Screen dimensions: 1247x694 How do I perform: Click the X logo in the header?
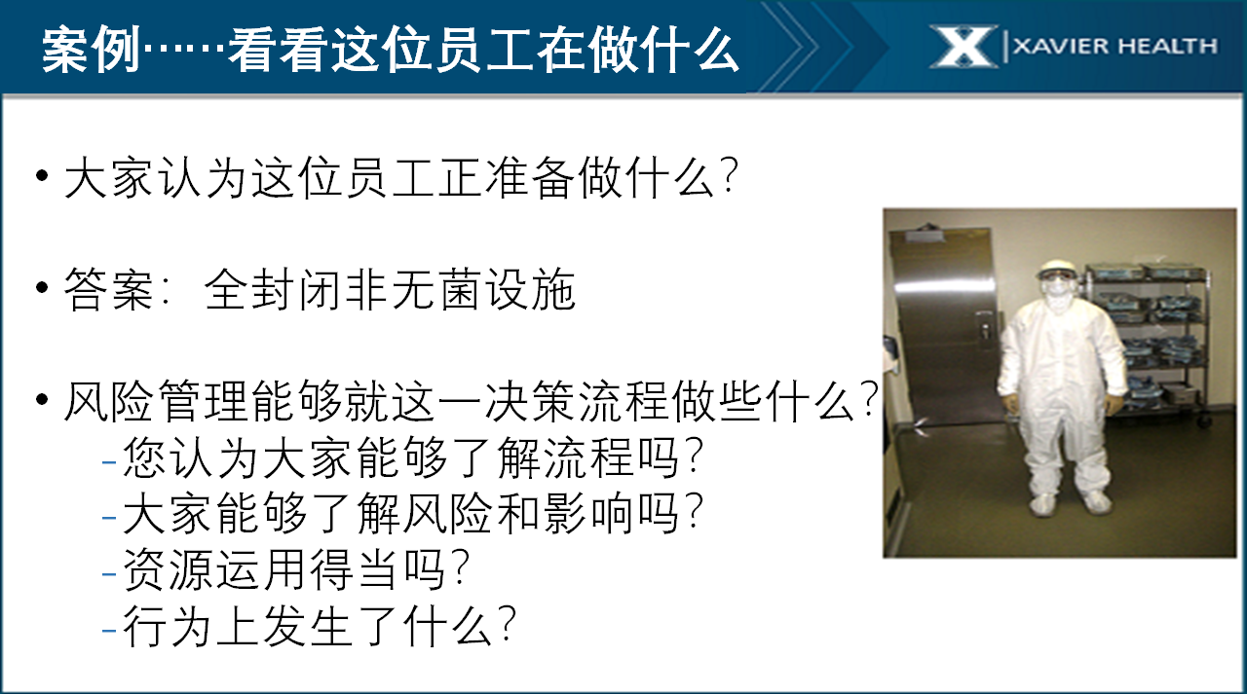click(964, 47)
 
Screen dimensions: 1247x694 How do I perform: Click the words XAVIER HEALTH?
click(1115, 46)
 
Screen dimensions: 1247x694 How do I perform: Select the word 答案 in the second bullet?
click(108, 290)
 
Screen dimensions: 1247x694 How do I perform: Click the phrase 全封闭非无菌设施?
click(390, 290)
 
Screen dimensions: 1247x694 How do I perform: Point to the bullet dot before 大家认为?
click(42, 176)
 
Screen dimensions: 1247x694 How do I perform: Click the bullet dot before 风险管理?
click(42, 399)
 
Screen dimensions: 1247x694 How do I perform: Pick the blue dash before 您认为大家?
click(109, 461)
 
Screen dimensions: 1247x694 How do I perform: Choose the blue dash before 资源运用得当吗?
click(109, 572)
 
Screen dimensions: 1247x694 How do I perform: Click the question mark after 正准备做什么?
click(728, 176)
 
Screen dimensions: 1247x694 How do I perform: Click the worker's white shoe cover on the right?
click(1095, 502)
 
